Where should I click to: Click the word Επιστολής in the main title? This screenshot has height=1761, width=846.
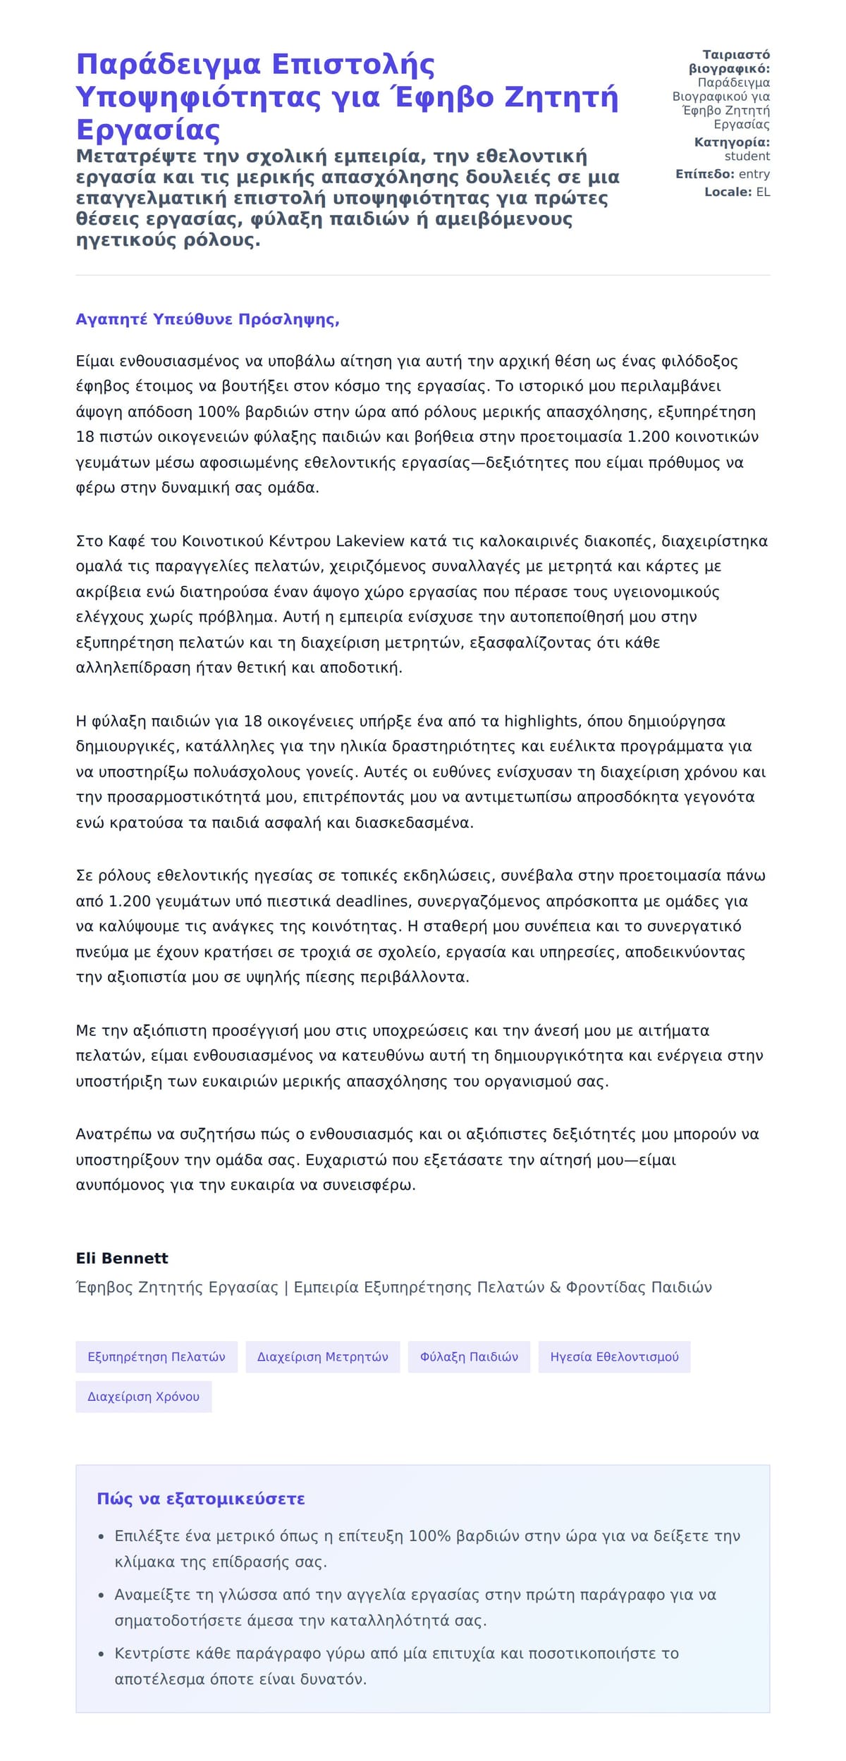coord(352,65)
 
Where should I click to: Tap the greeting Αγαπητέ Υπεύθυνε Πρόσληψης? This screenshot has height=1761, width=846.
coord(207,319)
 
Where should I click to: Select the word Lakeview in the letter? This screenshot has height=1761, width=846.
coord(369,541)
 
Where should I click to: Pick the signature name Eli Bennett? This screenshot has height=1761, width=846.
coord(122,1258)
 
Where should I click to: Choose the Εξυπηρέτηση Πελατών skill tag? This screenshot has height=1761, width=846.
coord(157,1357)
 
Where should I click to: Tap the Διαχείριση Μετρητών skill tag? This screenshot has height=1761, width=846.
coord(322,1357)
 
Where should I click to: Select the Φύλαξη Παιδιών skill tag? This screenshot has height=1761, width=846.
coord(469,1357)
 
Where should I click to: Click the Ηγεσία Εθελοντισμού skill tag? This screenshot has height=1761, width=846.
coord(614,1357)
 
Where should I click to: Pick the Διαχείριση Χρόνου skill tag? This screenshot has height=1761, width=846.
coord(143,1396)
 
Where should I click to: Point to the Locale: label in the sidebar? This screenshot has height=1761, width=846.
coord(728,192)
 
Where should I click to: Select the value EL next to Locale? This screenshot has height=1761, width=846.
coord(763,192)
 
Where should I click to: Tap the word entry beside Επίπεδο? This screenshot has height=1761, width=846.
coord(754,174)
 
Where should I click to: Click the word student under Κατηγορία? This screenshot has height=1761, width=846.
coord(747,156)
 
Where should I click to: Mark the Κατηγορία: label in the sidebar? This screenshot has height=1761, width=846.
coord(732,142)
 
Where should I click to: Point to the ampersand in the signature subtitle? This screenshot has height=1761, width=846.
coord(555,1287)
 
